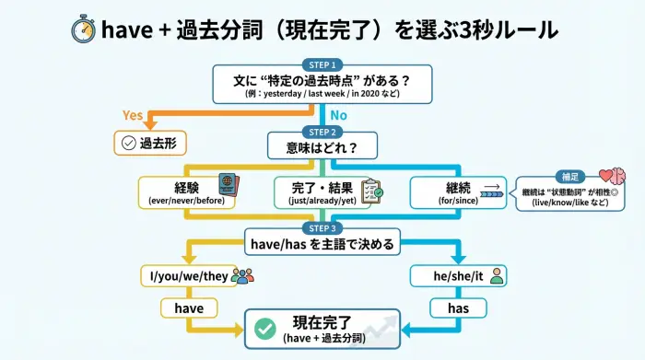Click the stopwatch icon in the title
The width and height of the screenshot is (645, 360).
84,29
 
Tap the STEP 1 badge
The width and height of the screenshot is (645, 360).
322,64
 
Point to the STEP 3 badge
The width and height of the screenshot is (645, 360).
322,228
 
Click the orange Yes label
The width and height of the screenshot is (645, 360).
134,115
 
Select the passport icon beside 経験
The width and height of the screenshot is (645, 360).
227,183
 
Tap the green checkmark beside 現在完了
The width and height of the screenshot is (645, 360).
265,329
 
